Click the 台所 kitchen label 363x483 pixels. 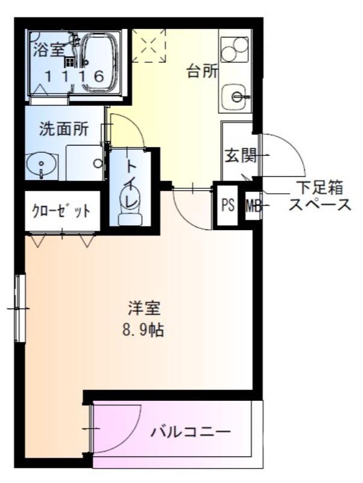click(x=202, y=71)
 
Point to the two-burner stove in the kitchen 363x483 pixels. click(x=235, y=50)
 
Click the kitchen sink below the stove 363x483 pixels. click(x=236, y=95)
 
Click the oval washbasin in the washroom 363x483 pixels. click(x=41, y=164)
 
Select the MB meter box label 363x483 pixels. click(x=253, y=206)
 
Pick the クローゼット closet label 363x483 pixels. click(x=61, y=211)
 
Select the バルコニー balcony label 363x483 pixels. click(x=191, y=432)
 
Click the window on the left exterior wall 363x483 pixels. click(x=20, y=308)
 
